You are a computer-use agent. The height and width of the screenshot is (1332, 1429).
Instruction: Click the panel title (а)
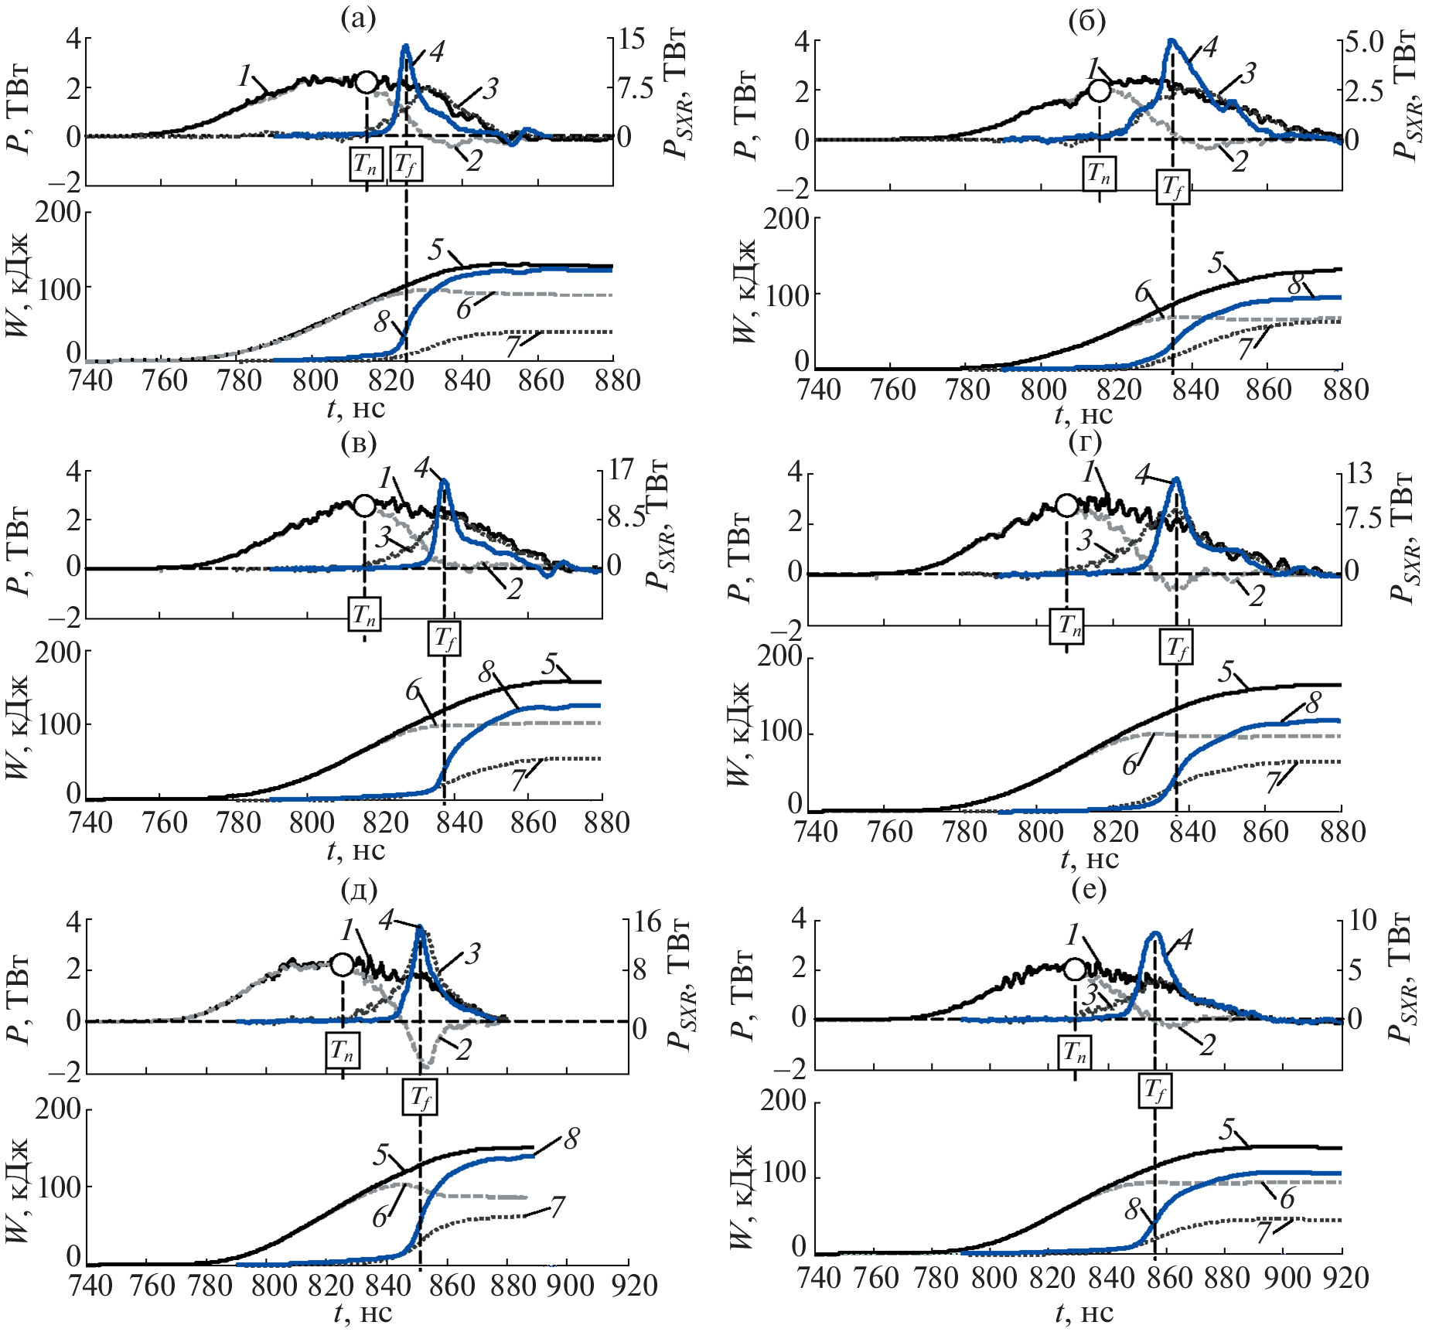358,19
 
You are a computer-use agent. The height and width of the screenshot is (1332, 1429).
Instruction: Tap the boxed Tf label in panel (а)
406,164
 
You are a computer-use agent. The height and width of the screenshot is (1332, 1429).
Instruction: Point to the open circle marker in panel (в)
364,506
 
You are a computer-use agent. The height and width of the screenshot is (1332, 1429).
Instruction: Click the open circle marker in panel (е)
1075,969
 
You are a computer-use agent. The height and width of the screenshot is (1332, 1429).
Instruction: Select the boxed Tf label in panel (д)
420,1097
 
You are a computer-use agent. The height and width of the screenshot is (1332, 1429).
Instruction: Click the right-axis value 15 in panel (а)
632,39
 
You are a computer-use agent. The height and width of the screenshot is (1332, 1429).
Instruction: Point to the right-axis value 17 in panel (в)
620,468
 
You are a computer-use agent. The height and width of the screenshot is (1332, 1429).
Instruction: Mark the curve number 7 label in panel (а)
513,346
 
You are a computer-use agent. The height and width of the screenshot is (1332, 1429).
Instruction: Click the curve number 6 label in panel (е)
1287,1198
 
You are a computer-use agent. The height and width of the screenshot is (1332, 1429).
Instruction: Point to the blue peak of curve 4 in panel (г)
1176,479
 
